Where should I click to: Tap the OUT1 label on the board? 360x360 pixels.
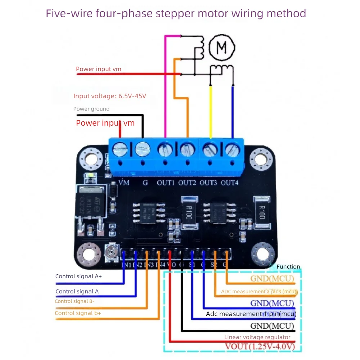coord(166,183)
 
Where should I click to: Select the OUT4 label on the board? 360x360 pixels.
coord(230,183)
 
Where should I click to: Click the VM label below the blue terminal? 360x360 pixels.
coord(124,183)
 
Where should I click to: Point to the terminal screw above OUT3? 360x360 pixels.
coord(209,149)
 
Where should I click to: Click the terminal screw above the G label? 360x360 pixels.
coord(143,149)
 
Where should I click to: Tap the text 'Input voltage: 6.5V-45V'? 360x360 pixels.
coord(110,96)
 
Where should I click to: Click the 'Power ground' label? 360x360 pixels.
coord(91,109)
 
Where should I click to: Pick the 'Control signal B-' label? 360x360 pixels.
coord(75,301)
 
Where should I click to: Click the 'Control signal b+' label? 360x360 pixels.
coord(78,313)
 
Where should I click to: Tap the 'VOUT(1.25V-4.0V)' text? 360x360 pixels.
coord(260,347)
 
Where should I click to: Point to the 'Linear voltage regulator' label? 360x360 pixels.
coord(257,337)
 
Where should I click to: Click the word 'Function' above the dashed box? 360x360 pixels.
coord(288,267)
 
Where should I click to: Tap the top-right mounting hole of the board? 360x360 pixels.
coord(262,159)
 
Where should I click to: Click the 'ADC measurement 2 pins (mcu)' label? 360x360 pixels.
coord(258,292)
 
